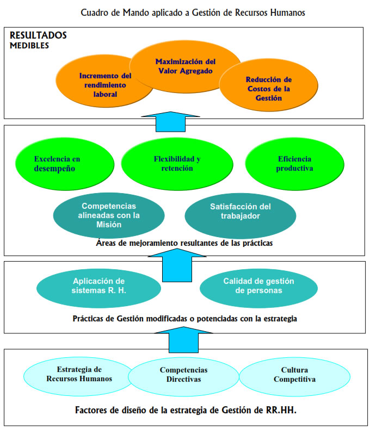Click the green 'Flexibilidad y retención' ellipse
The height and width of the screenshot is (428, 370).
(x=177, y=164)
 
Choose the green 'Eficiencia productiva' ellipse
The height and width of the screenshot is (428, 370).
(x=294, y=164)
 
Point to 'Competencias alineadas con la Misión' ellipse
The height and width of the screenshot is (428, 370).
(x=109, y=215)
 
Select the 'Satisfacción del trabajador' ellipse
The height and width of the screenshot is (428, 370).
(x=240, y=211)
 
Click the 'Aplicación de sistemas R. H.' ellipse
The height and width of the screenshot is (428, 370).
(x=98, y=286)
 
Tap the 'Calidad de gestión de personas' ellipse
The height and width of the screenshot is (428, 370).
(x=258, y=286)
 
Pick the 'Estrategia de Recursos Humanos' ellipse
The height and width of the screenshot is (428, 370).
(x=79, y=374)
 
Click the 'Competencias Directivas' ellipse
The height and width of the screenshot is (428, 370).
(x=183, y=374)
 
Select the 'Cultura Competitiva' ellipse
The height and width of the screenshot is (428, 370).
(x=294, y=374)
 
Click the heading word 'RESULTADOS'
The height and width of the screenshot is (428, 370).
(x=38, y=35)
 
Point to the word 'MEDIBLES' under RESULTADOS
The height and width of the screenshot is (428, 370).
(x=29, y=46)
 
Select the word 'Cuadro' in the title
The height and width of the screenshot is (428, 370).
(x=93, y=12)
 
